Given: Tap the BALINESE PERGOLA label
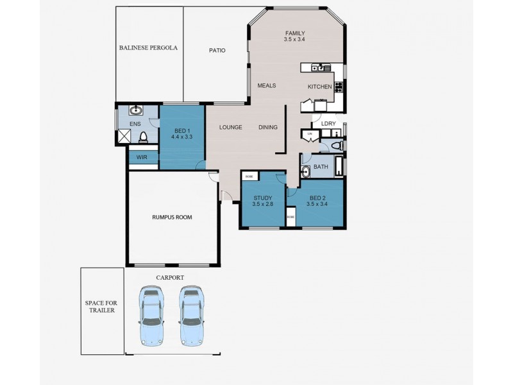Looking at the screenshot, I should [x=148, y=48].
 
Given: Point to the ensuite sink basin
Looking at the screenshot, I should [x=136, y=110].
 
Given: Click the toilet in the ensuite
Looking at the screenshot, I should [x=144, y=137].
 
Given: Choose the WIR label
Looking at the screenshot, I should [x=142, y=157].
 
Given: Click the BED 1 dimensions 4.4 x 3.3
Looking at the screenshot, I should [x=182, y=137].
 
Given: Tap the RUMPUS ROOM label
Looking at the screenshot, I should [x=172, y=217].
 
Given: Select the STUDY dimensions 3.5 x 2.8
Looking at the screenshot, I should [x=263, y=205].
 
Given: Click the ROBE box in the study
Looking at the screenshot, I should [x=248, y=176].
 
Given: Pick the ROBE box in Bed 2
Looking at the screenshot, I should [x=290, y=217].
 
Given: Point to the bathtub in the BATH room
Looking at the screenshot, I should [x=338, y=169].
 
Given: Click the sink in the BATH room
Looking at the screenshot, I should [x=305, y=171].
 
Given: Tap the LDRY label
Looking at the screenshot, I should [x=328, y=124].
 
